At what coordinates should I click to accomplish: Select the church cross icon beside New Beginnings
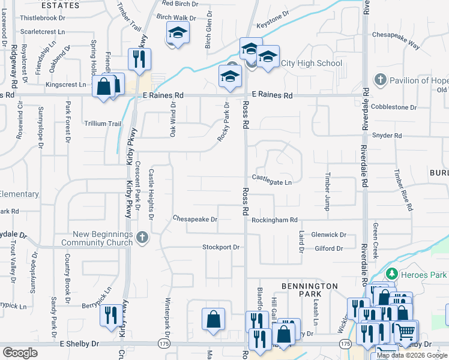click(x=142, y=238)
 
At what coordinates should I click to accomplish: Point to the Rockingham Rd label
click(x=274, y=220)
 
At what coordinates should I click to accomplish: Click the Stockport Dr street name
click(x=221, y=247)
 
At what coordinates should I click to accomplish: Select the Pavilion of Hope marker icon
click(x=380, y=80)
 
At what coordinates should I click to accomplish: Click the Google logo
click(x=20, y=353)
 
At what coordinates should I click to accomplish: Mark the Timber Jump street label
click(x=328, y=192)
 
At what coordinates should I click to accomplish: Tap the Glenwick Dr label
click(x=329, y=235)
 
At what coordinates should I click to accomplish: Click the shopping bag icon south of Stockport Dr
click(x=212, y=319)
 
